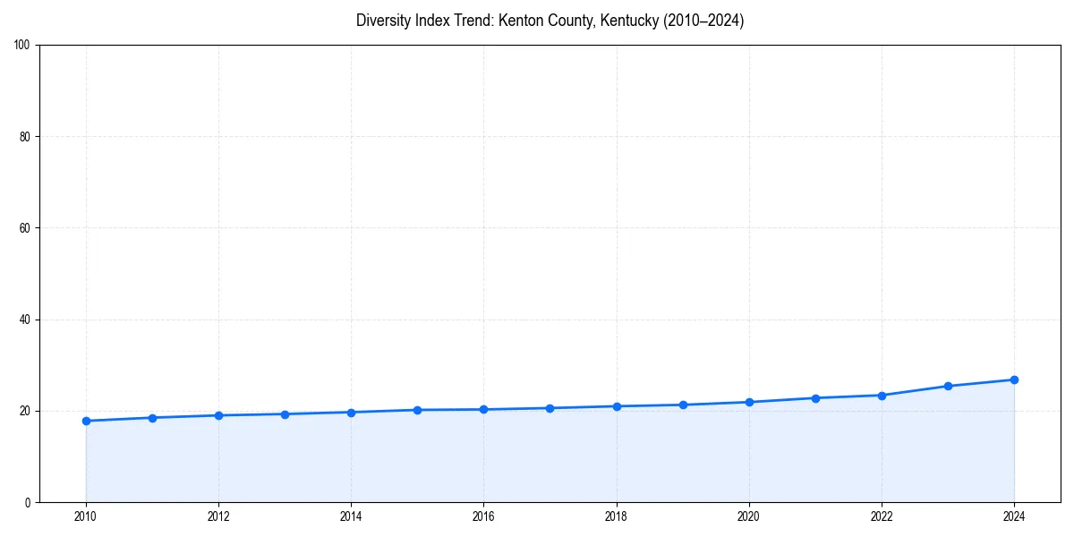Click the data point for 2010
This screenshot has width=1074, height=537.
coord(86,421)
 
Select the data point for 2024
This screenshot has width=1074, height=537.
coord(1014,379)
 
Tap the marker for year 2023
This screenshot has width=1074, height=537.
coord(948,386)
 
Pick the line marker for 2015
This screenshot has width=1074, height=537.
coord(417,410)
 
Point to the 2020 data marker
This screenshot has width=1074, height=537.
coord(749,402)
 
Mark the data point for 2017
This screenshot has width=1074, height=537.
coord(550,408)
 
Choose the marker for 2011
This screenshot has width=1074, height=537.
coord(152,418)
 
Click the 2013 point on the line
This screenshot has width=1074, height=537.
coord(285,414)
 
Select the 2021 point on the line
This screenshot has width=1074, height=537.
coord(815,397)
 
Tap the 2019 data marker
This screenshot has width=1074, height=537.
coord(683,405)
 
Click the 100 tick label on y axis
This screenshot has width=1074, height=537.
coord(22,46)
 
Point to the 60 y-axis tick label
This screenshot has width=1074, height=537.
coord(25,228)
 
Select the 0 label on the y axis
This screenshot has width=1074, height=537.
coord(28,502)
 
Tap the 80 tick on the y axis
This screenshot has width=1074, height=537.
coord(25,137)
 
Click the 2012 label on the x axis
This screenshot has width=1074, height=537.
coord(218,516)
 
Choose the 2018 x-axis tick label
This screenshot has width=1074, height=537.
coord(616,516)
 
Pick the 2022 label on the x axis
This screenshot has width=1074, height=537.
coord(882,516)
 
